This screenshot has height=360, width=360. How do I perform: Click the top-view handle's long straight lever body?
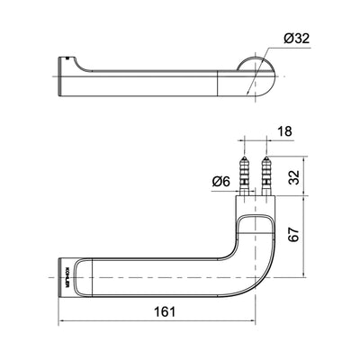tap(144, 79)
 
